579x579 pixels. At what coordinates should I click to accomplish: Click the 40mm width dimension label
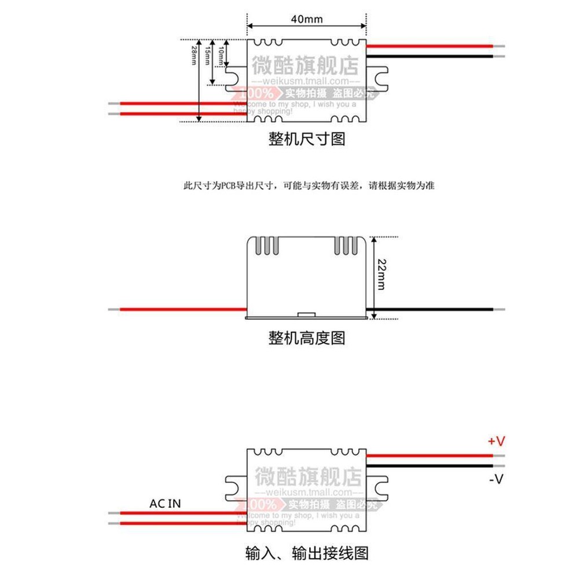point(307,19)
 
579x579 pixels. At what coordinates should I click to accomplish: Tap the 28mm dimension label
point(194,56)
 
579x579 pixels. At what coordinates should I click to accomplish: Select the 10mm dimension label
point(221,56)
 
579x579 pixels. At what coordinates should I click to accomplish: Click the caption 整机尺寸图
point(307,140)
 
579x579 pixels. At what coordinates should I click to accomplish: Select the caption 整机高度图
point(307,338)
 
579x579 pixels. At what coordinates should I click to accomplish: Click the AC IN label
point(165,504)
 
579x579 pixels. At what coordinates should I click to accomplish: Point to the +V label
point(497,442)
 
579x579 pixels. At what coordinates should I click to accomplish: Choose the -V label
point(497,479)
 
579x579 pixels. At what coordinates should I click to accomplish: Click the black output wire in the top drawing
point(428,57)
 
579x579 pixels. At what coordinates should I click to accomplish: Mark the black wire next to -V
point(428,466)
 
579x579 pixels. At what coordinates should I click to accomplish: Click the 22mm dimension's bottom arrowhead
point(374,315)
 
